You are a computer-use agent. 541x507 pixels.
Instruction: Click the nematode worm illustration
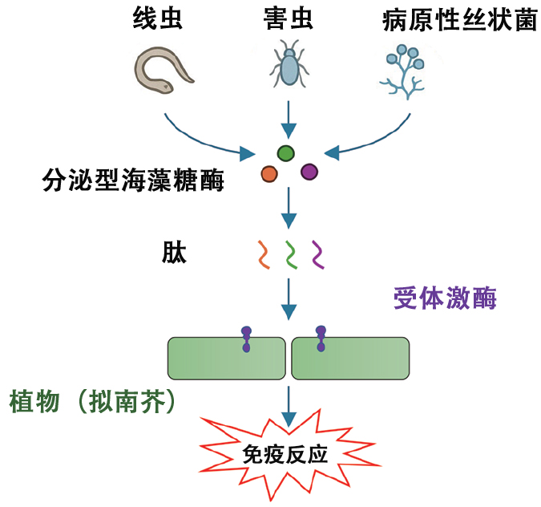point(164,71)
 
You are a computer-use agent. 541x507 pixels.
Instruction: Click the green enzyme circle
point(286,152)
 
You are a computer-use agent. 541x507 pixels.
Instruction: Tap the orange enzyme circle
point(269,173)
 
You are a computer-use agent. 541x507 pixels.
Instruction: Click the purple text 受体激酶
point(446,298)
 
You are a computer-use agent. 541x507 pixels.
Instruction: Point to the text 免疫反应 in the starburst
point(285,456)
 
